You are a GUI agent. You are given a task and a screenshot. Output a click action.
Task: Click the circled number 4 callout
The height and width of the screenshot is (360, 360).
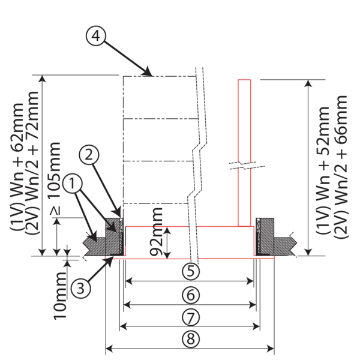pos(96,36)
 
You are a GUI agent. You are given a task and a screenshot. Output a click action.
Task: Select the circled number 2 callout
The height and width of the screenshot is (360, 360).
pos(89,155)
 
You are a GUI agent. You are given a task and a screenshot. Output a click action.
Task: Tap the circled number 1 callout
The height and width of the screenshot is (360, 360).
pos(73,184)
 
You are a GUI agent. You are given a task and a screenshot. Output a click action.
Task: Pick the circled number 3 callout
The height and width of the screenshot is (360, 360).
pos(80,288)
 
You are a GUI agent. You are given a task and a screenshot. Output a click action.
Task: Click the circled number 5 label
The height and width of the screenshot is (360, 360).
pos(191,271)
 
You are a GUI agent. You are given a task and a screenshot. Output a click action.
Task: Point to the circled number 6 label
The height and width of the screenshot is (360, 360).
pos(191,295)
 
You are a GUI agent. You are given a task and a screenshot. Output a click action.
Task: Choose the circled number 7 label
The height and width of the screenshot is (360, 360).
pos(191,317)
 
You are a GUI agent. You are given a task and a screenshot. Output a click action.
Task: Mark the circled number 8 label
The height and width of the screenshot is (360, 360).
pos(191,339)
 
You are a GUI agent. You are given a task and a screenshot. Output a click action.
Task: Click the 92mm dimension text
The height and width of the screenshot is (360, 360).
pos(157,232)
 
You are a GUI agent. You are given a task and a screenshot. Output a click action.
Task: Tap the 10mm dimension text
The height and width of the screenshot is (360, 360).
pos(60,296)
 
